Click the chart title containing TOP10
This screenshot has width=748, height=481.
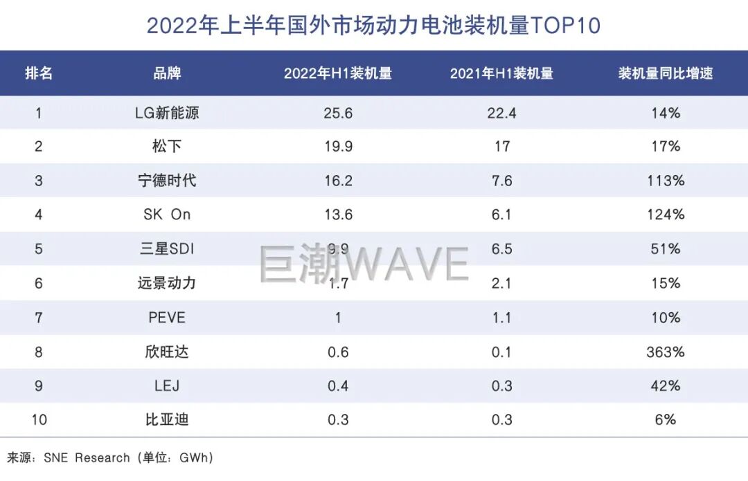(x=373, y=26)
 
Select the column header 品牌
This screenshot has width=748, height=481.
(x=167, y=73)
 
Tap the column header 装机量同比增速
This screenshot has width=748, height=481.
(x=666, y=73)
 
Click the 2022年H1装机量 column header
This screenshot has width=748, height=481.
(x=338, y=73)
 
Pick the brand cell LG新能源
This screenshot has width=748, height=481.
(x=167, y=113)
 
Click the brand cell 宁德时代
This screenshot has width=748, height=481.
(x=167, y=181)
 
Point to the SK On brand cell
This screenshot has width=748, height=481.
(x=167, y=215)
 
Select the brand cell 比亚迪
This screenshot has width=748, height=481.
(x=167, y=419)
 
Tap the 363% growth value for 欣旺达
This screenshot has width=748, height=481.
(x=666, y=352)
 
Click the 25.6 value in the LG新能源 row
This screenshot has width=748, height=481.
(x=338, y=113)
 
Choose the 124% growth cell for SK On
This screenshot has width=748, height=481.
(x=666, y=215)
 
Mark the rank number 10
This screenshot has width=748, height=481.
(x=39, y=419)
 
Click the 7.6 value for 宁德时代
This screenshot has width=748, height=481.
(x=501, y=181)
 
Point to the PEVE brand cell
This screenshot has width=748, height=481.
(x=167, y=318)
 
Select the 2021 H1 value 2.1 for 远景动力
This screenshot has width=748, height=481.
(x=501, y=283)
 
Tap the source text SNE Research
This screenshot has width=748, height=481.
(x=87, y=457)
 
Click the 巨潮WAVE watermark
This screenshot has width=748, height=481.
(x=364, y=263)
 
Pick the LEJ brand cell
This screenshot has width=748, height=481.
(x=167, y=385)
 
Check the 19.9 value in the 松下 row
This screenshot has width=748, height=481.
(x=338, y=146)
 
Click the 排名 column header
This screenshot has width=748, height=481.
(x=39, y=73)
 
